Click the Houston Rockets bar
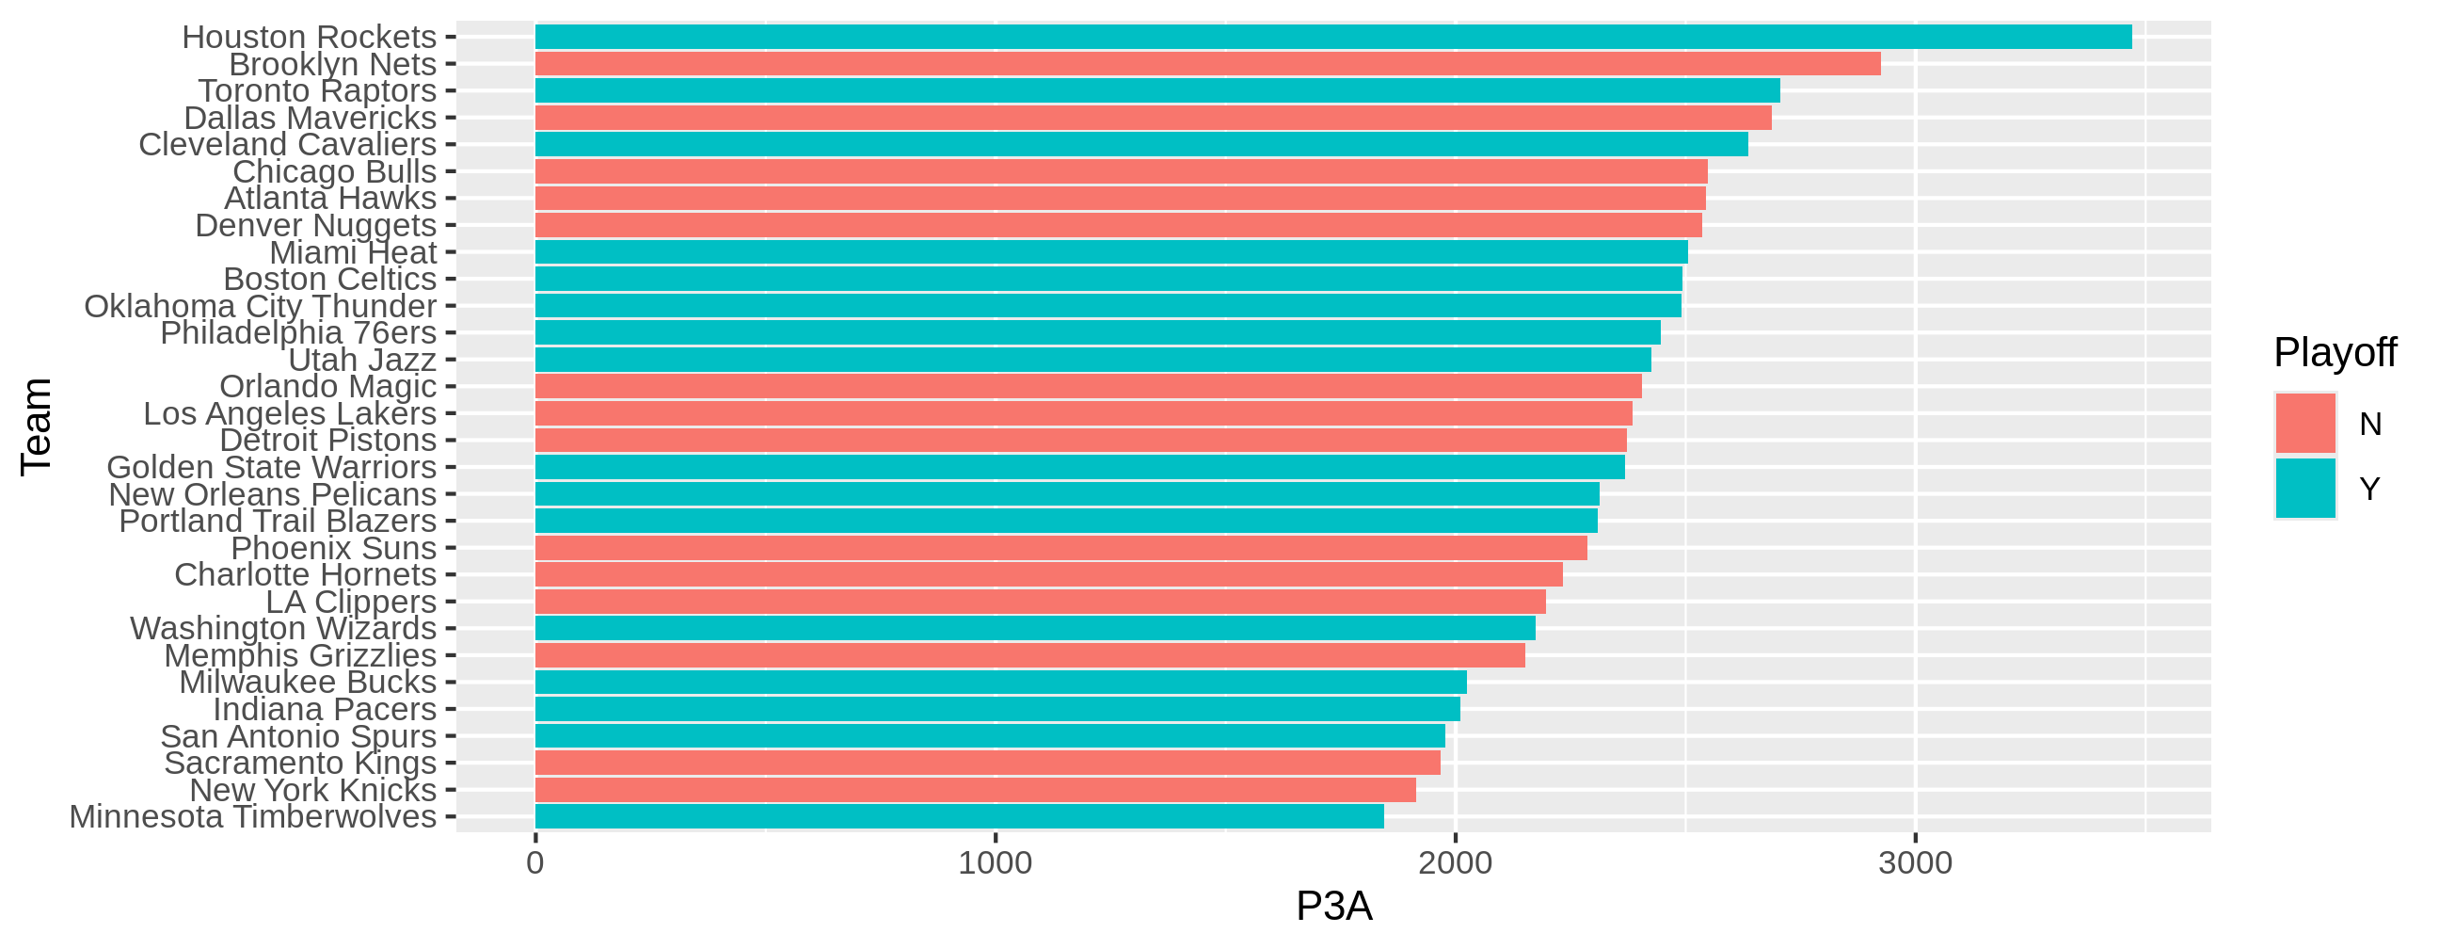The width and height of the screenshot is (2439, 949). coord(1333,37)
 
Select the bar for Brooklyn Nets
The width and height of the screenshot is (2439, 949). coord(1207,64)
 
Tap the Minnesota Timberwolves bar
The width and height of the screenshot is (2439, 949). coord(959,816)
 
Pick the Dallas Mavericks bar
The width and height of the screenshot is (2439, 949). coord(1154,118)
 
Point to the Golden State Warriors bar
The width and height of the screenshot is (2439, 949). coord(1079,467)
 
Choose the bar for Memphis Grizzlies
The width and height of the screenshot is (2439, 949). coord(1030,655)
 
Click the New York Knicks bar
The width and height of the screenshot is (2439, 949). coord(975,790)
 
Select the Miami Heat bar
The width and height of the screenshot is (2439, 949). coord(1111,252)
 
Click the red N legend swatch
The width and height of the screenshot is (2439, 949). coord(2305,424)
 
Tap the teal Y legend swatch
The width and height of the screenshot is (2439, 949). coord(2305,489)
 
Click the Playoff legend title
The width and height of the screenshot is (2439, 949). coord(2335,352)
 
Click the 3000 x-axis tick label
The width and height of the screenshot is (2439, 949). coord(1916,862)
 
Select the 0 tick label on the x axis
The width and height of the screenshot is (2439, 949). coord(535,862)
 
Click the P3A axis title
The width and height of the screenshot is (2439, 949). coord(1333,907)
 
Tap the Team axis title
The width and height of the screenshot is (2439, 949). coord(36,426)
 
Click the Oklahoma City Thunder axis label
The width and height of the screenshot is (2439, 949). coord(261,306)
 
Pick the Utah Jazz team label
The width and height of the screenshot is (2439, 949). coord(361,360)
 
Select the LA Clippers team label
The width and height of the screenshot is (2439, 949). coord(350,602)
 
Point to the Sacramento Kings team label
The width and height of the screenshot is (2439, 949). coord(300,763)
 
